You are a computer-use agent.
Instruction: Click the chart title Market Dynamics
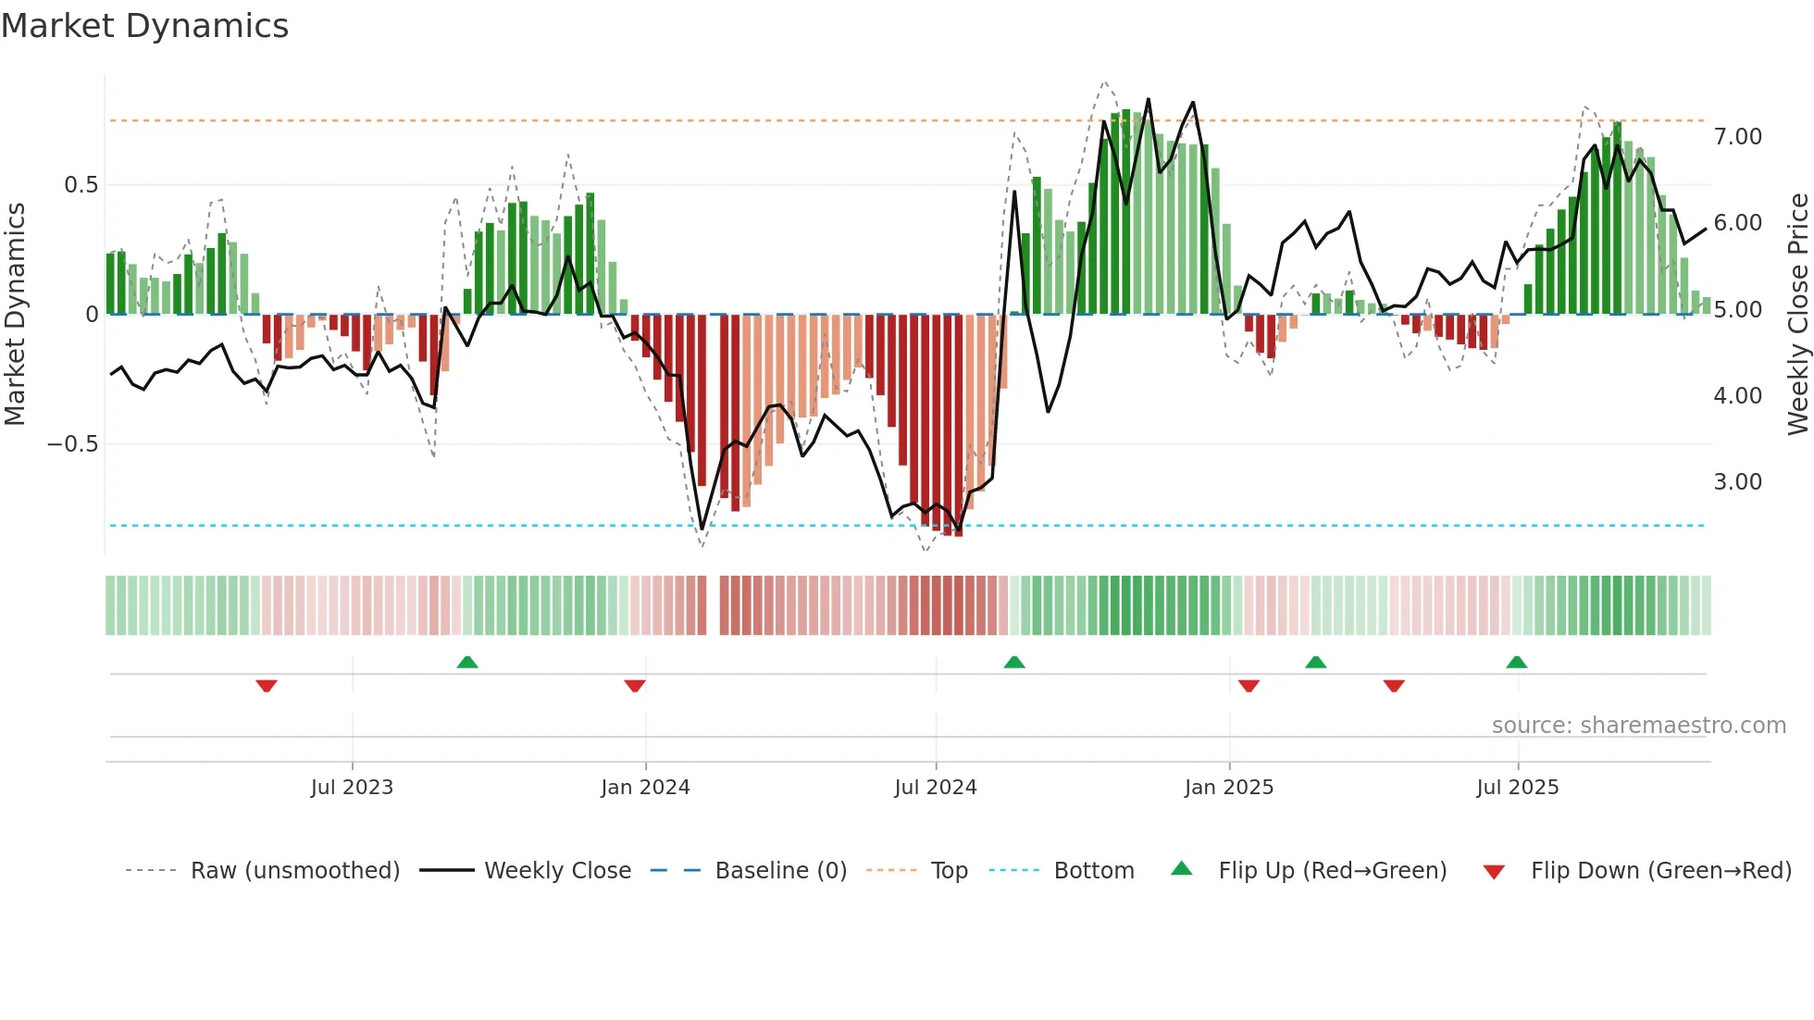point(144,26)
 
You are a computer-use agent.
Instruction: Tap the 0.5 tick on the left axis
point(81,185)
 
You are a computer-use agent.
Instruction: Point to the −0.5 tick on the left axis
point(72,444)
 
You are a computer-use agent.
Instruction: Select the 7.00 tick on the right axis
point(1737,137)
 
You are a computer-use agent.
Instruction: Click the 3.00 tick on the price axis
point(1737,482)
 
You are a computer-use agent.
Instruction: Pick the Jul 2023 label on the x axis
point(352,788)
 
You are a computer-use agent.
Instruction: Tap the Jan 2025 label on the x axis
point(1229,788)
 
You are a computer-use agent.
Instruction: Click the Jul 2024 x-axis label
point(936,788)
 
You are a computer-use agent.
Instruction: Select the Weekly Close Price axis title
point(1797,315)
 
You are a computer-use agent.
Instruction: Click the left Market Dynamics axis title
point(16,315)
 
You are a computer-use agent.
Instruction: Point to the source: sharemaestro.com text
point(1638,726)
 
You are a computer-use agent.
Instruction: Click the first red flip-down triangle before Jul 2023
point(267,686)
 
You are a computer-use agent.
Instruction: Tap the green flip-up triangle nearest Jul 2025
point(1516,662)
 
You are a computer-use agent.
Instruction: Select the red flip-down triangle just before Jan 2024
point(635,686)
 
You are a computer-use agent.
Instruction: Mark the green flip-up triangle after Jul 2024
point(1014,662)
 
